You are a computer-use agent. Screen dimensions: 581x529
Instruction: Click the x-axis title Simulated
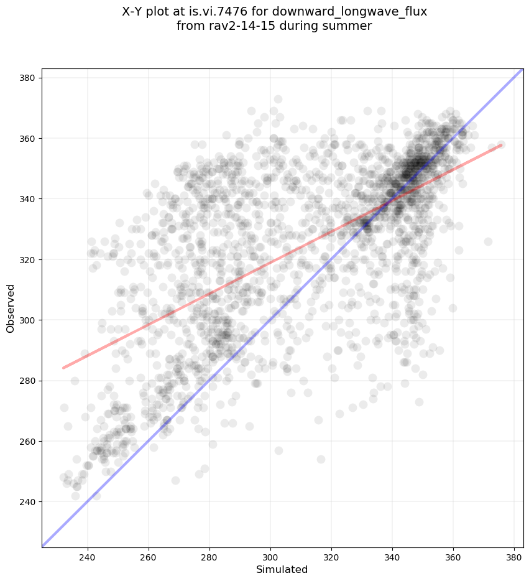(x=282, y=569)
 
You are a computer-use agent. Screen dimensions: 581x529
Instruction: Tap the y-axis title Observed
(x=11, y=309)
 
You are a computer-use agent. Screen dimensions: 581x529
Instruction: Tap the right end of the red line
(x=501, y=145)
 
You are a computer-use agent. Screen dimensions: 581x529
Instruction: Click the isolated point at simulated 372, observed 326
(x=488, y=241)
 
